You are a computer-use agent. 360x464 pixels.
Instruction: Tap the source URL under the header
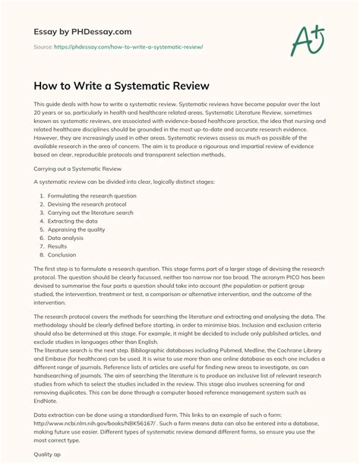[114, 46]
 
